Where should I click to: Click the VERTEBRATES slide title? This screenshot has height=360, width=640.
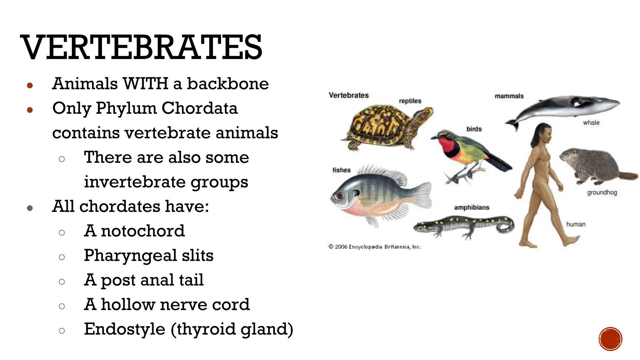141,47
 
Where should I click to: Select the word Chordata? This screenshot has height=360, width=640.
199,108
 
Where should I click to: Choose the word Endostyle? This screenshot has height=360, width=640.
124,329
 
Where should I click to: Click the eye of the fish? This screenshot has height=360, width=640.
340,195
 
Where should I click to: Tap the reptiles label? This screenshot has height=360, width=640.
410,101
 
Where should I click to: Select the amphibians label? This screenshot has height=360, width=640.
472,207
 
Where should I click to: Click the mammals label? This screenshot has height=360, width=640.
509,96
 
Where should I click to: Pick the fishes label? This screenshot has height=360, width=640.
341,170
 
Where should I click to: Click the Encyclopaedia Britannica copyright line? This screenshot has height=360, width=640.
374,247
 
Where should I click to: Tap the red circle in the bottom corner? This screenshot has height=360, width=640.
610,339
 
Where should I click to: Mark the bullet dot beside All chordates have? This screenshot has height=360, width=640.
30,208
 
